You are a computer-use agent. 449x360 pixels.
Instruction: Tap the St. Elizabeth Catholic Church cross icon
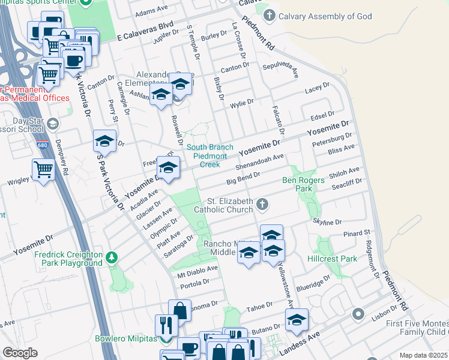[x=262, y=205]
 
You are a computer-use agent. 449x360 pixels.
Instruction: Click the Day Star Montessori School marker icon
[x=53, y=124]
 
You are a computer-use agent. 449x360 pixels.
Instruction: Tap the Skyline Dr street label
[x=327, y=222]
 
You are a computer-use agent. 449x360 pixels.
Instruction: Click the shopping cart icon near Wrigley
[x=43, y=170]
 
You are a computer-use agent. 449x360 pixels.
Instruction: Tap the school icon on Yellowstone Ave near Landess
[x=297, y=320]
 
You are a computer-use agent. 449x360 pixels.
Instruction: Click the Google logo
[x=20, y=353]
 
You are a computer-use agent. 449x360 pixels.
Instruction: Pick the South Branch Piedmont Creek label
[x=206, y=155]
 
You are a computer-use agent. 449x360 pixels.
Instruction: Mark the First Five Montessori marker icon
[x=359, y=314]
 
